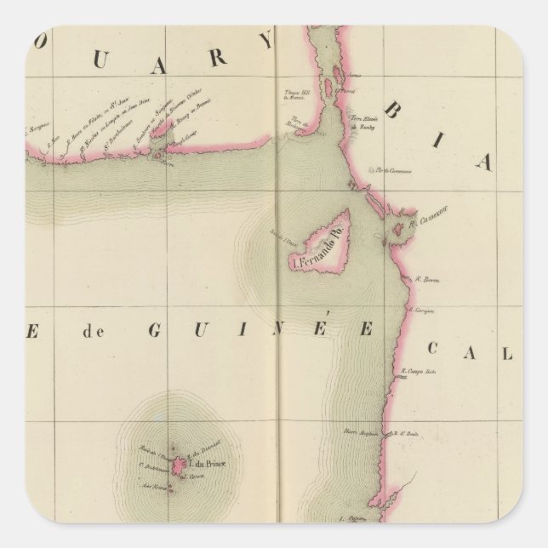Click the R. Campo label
tap(418, 372)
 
